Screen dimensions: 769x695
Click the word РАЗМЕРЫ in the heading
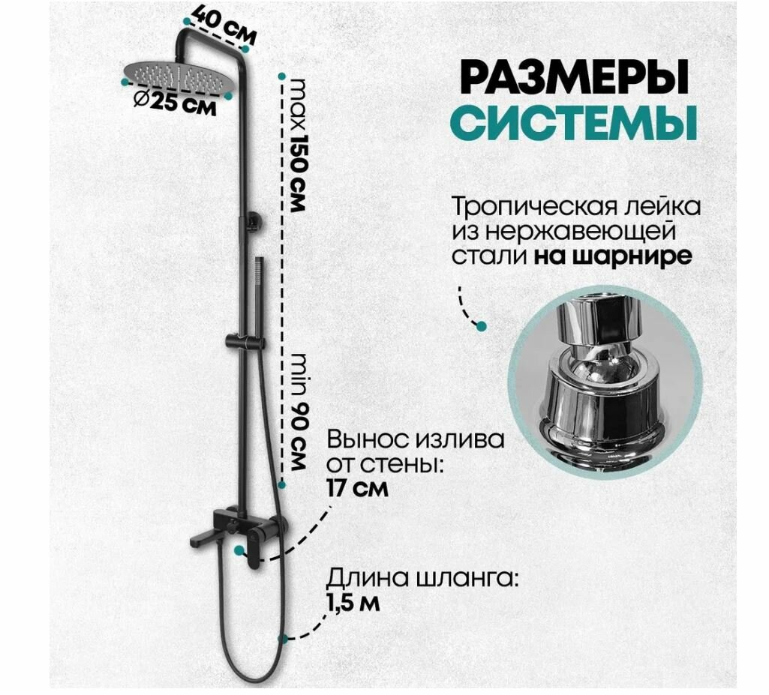click(x=565, y=79)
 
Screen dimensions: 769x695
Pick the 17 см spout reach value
click(x=358, y=489)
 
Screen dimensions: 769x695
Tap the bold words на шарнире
click(x=613, y=256)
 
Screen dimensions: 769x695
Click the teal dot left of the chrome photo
click(x=481, y=325)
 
